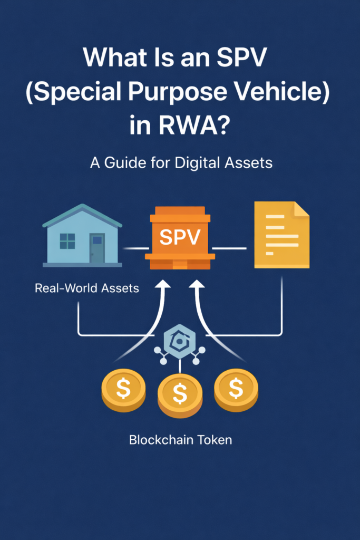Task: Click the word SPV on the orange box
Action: point(180,237)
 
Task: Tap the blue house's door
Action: point(97,247)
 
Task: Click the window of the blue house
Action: point(67,241)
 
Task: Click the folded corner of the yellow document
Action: point(301,209)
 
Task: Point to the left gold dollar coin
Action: point(123,390)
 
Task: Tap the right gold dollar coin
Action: point(236,389)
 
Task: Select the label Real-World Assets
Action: point(86,288)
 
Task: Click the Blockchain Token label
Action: point(180,439)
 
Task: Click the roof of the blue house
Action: point(82,214)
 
